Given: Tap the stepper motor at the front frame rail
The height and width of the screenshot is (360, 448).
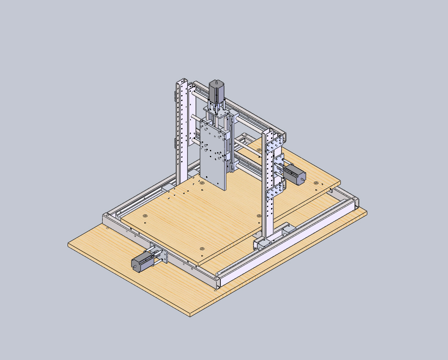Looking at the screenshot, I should (142, 262).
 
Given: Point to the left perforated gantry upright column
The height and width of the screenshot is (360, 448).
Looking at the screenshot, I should (182, 127).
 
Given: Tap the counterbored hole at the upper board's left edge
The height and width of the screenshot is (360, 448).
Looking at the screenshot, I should (145, 216).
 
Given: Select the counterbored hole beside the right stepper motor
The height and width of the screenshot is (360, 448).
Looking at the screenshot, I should (316, 183).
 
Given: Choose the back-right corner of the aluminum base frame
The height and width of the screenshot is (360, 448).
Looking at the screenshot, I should (355, 200).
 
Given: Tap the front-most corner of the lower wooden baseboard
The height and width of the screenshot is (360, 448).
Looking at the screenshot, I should (191, 315).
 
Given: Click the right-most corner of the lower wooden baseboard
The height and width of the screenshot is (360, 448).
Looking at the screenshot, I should (366, 212).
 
